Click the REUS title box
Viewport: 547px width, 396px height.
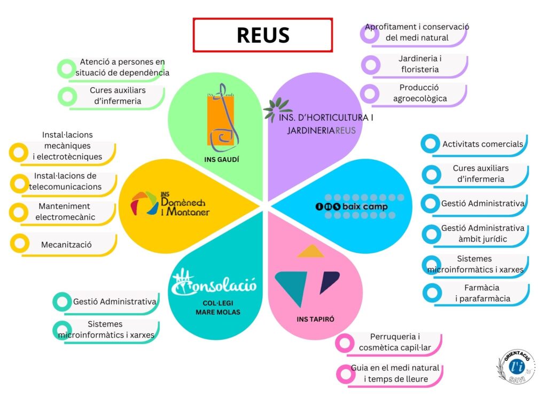click(x=262, y=35)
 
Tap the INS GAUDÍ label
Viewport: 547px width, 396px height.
click(x=222, y=159)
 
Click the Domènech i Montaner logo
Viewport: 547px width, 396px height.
click(x=170, y=204)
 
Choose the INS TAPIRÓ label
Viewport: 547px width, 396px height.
click(x=315, y=320)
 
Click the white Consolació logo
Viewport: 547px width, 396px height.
click(x=213, y=282)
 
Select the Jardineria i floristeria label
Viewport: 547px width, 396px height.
click(x=419, y=64)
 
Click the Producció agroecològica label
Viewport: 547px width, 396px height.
click(x=419, y=93)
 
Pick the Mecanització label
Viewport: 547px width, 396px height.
click(x=66, y=245)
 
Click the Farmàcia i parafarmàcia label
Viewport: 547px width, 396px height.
click(x=482, y=293)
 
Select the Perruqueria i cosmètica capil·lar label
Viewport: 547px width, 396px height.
click(x=395, y=342)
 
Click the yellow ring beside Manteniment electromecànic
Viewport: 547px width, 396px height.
click(x=19, y=212)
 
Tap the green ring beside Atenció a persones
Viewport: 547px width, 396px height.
click(x=67, y=68)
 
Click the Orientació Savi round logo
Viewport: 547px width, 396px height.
click(x=515, y=366)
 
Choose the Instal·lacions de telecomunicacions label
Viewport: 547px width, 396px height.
click(x=65, y=182)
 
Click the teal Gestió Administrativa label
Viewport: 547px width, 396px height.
click(x=114, y=301)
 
